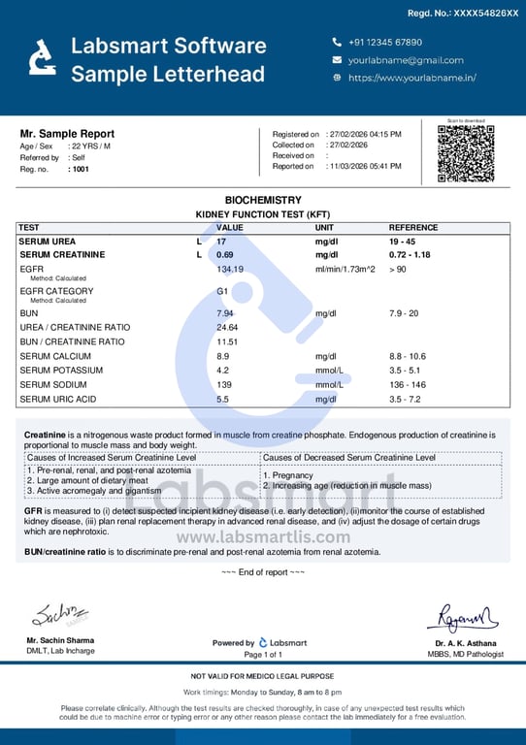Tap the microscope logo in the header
coord(41,57)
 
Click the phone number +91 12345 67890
coord(384,43)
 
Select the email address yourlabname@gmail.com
coord(406,60)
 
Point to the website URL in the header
coord(411,78)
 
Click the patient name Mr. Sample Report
coord(67,134)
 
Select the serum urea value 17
coord(221,241)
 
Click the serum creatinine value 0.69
coord(224,254)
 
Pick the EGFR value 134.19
coord(230,269)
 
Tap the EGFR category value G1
coord(222,291)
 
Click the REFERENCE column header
coord(413,227)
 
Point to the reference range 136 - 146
coord(408,385)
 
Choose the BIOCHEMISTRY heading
coord(263,199)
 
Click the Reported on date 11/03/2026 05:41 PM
coord(364,167)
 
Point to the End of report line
coord(263,572)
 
